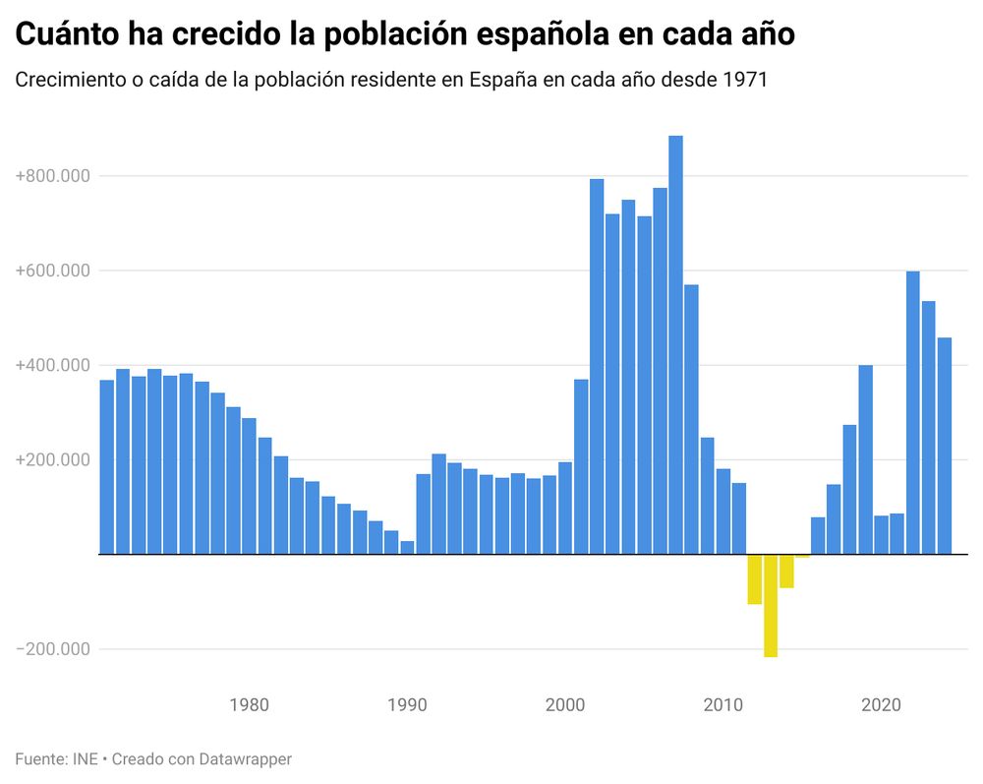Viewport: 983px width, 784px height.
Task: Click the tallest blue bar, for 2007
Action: (675, 344)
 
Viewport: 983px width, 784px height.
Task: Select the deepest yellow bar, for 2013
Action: (771, 606)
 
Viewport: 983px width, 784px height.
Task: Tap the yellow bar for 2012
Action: (755, 579)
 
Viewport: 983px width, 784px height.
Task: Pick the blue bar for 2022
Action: (912, 413)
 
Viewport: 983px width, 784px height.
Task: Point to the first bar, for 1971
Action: (107, 467)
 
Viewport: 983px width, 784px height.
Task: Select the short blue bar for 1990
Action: (407, 547)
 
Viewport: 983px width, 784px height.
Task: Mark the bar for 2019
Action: (865, 459)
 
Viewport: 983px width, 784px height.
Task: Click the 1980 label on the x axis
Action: (249, 705)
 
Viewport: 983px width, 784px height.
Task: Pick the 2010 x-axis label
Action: (723, 705)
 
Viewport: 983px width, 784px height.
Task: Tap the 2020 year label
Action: (882, 705)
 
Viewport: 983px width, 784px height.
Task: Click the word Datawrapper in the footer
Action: (246, 759)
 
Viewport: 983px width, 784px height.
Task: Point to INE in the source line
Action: (86, 759)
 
